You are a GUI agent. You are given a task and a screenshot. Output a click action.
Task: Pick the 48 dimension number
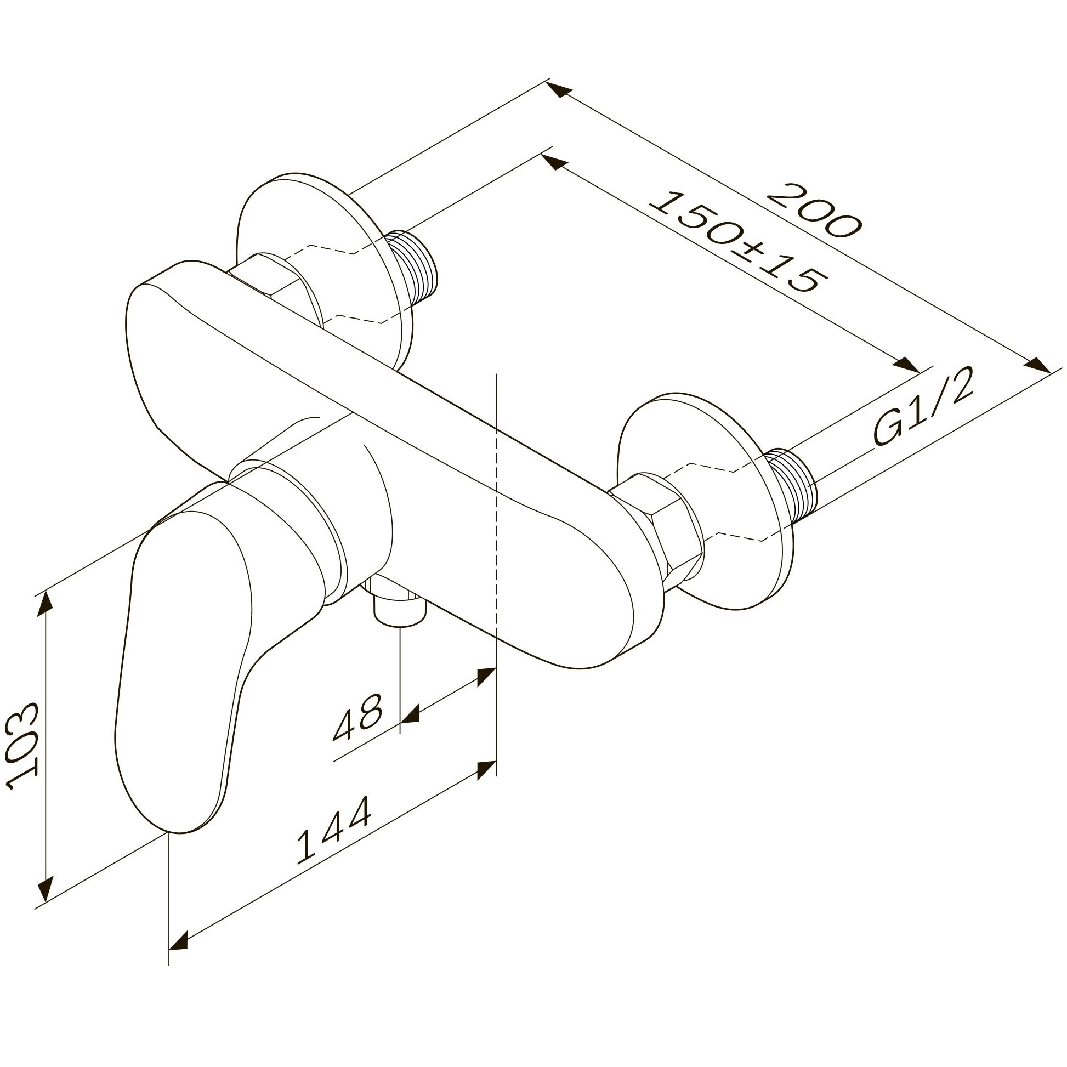pos(357,716)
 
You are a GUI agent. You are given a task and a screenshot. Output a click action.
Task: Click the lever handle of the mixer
pos(182,640)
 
